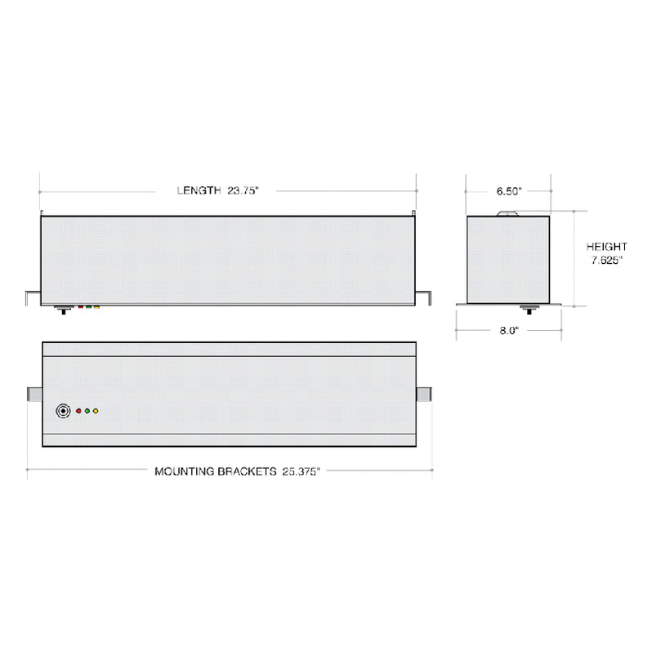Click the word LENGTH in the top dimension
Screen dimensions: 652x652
[199, 190]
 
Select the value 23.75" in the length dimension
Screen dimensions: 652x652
[243, 190]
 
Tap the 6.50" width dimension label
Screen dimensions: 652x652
[509, 191]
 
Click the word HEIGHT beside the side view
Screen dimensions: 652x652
[606, 247]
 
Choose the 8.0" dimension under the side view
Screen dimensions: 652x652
[508, 330]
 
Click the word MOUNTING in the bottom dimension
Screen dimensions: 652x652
[187, 471]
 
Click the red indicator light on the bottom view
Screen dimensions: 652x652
[79, 411]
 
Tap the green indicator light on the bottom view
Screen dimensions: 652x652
[87, 411]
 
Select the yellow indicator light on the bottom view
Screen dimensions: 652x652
[96, 411]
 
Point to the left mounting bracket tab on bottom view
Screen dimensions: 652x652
[34, 395]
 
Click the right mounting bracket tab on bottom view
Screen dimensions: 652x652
[424, 395]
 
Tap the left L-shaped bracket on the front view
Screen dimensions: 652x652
[32, 296]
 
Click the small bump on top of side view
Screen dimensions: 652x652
[507, 213]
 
